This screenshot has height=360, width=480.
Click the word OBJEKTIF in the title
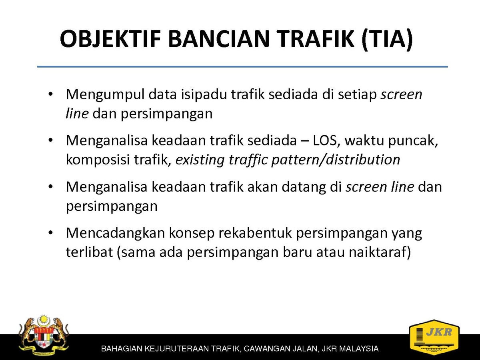tap(110, 39)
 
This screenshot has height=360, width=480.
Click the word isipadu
tap(204, 95)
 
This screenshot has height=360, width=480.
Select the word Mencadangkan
tap(115, 233)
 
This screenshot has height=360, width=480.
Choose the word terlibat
tap(89, 252)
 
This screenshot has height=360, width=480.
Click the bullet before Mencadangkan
tap(51, 233)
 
